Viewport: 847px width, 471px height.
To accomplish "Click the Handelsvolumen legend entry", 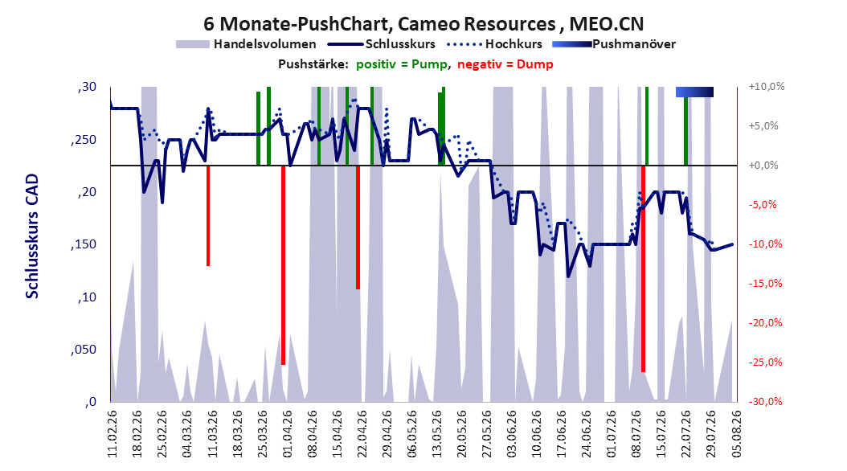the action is pyautogui.click(x=246, y=44).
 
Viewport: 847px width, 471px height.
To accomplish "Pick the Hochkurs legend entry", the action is pyautogui.click(x=494, y=44).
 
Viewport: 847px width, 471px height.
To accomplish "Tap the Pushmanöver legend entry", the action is pyautogui.click(x=614, y=44).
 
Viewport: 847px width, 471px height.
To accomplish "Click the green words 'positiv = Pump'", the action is pyautogui.click(x=402, y=64).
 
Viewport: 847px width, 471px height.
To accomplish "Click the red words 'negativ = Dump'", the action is pyautogui.click(x=505, y=64).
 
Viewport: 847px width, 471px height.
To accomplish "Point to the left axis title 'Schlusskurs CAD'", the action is pyautogui.click(x=32, y=235).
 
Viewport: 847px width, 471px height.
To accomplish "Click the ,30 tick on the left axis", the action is pyautogui.click(x=87, y=87).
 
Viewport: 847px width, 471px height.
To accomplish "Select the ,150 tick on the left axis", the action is pyautogui.click(x=84, y=244).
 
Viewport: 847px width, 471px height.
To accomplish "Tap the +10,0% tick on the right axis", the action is pyautogui.click(x=767, y=87).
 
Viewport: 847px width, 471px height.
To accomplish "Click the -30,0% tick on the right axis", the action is pyautogui.click(x=765, y=401).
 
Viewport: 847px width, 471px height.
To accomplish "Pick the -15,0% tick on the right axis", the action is pyautogui.click(x=765, y=283).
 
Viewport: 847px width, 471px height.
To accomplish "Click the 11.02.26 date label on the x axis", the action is pyautogui.click(x=112, y=434).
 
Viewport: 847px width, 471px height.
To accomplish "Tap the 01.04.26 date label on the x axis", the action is pyautogui.click(x=286, y=434).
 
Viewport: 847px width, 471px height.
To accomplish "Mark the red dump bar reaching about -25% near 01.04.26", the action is pyautogui.click(x=283, y=265).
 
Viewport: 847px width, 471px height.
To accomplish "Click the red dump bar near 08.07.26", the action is pyautogui.click(x=644, y=269).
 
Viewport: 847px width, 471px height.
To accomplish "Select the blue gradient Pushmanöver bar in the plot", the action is pyautogui.click(x=694, y=92).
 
